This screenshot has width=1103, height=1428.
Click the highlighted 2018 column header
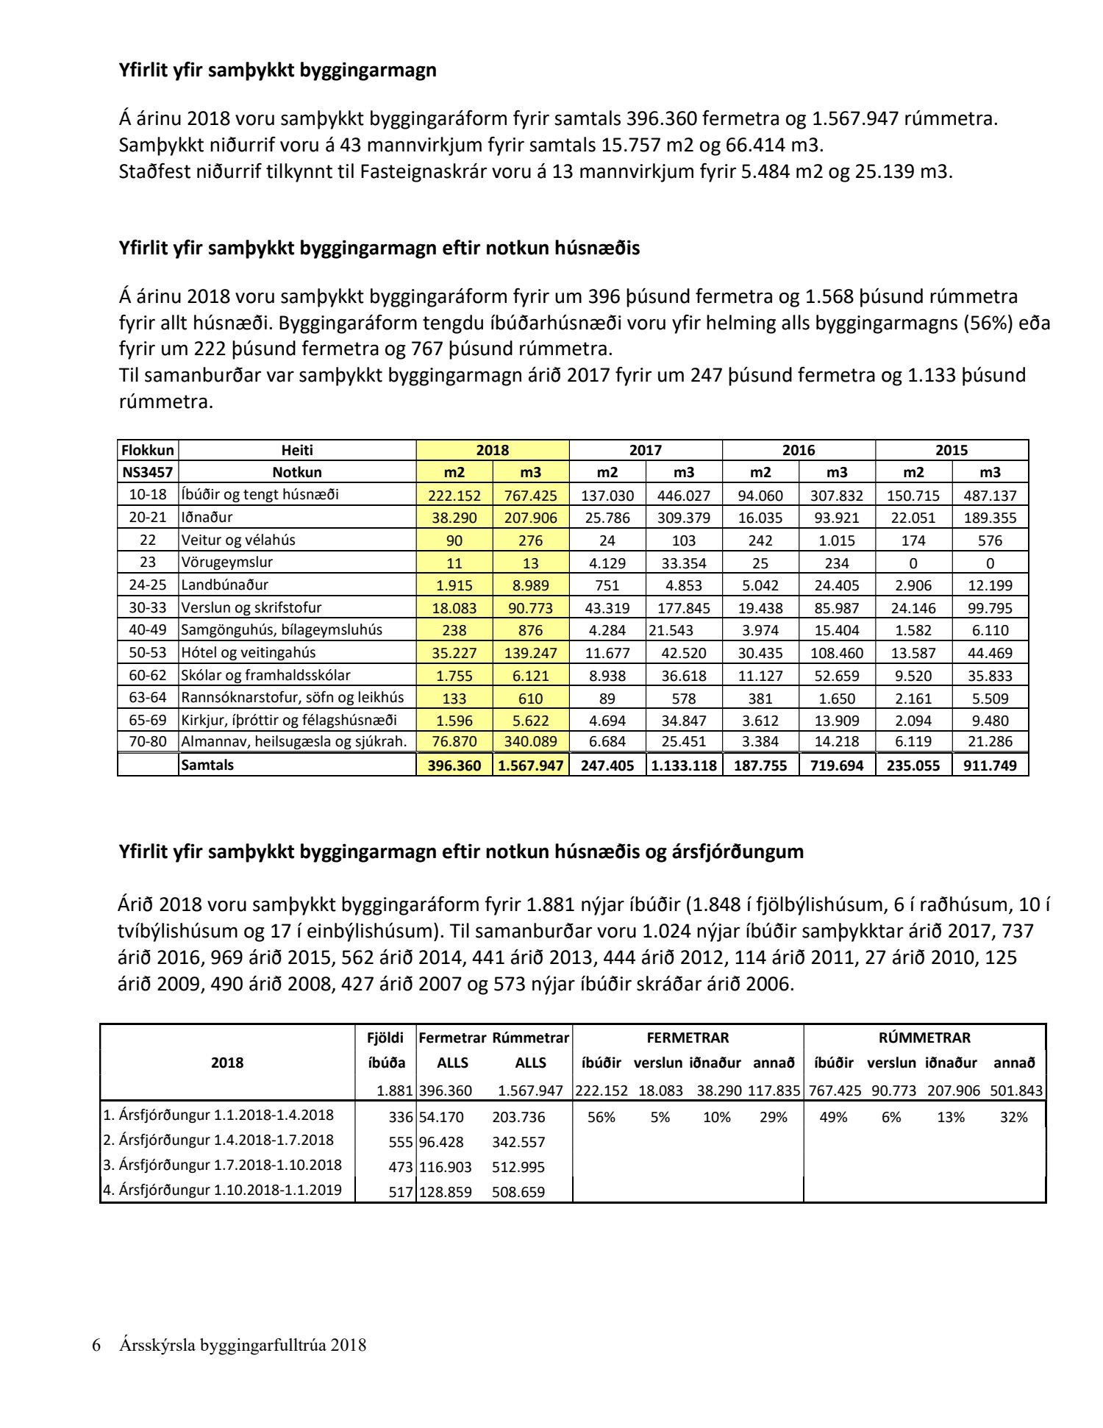(x=492, y=450)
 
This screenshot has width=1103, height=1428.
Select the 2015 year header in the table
(x=952, y=450)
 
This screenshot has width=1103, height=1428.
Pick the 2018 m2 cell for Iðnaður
(x=454, y=518)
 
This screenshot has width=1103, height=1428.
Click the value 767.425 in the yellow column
(x=530, y=496)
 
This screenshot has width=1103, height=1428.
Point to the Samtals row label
(x=207, y=765)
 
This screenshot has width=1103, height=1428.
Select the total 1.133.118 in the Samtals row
(x=684, y=765)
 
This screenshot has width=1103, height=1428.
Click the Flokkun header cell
(x=148, y=450)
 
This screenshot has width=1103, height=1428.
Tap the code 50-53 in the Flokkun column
(x=148, y=653)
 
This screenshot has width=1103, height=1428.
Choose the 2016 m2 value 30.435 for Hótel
(x=760, y=653)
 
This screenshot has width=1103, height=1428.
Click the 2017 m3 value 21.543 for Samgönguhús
(x=673, y=630)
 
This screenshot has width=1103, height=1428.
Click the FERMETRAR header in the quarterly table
(x=688, y=1038)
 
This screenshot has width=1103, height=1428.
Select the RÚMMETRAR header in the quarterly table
(x=924, y=1038)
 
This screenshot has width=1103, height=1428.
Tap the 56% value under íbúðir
(x=601, y=1117)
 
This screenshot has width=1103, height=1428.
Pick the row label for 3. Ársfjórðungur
(x=222, y=1165)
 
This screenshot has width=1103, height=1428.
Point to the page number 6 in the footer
(x=96, y=1346)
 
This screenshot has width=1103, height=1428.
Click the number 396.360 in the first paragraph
(x=659, y=118)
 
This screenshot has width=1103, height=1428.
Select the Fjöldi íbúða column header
(x=386, y=1050)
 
